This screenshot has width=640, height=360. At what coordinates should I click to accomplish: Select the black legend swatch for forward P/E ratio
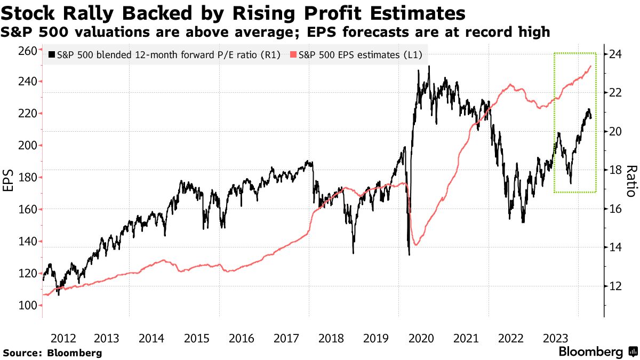(51, 54)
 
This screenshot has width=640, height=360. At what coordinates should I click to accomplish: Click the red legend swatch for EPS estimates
(293, 54)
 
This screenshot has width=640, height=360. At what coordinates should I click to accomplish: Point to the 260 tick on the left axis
(27, 50)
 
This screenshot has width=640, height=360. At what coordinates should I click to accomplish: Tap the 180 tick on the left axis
(27, 178)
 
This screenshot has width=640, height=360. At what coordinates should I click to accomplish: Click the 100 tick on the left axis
(27, 306)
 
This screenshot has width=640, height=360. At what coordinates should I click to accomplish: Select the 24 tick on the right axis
(617, 54)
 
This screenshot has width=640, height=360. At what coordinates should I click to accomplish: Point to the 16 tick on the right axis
(617, 209)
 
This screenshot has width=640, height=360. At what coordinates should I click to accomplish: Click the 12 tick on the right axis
(617, 286)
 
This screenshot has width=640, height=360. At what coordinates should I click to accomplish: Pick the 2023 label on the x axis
(555, 338)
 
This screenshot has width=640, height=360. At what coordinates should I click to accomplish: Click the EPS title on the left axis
(9, 178)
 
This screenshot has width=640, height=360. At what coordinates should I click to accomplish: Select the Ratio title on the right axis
(631, 181)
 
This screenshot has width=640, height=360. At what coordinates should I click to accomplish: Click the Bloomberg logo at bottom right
(597, 352)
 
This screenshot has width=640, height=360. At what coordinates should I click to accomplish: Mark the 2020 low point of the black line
(409, 254)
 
